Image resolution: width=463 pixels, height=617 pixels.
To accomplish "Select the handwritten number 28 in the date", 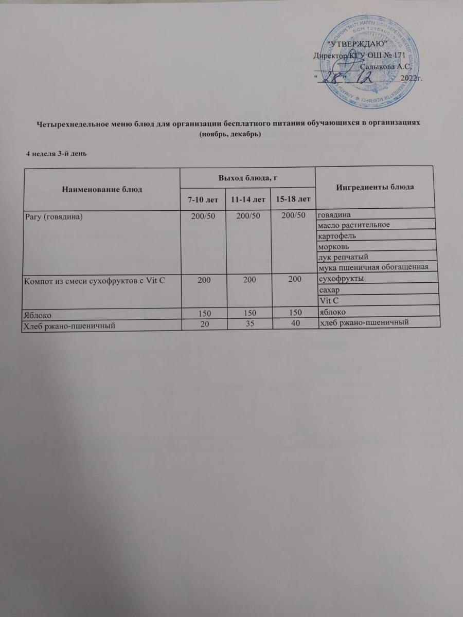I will coord(333,77).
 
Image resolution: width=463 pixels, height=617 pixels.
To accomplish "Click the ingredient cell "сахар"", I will coord(329,290).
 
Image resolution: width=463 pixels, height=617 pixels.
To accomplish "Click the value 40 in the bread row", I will coord(295,322).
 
